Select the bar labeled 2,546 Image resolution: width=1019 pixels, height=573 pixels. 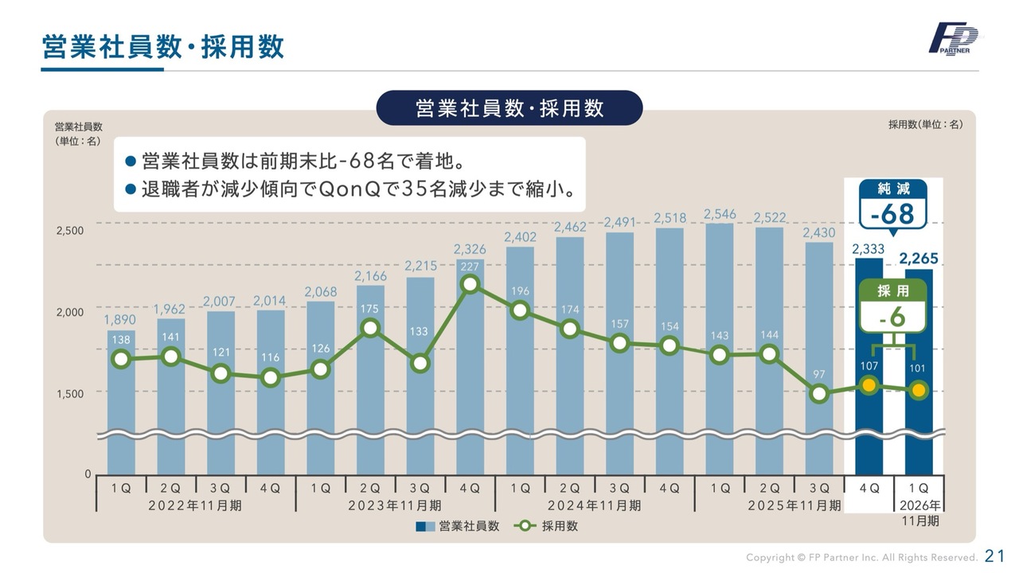pos(720,342)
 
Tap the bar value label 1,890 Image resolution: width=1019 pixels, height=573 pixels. pos(119,320)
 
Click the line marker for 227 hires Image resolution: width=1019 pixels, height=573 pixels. pos(470,284)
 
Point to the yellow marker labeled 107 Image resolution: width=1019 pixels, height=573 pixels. pos(869,386)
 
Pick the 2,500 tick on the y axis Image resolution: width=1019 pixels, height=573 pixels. pos(70,231)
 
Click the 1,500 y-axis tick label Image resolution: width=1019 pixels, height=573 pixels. pos(70,393)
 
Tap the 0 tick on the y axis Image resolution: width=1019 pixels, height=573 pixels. pos(88,474)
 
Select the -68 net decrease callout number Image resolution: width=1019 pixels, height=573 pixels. pos(892,215)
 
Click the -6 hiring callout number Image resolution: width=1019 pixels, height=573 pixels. pos(892,317)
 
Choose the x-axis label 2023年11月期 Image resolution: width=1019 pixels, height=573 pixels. pos(396,505)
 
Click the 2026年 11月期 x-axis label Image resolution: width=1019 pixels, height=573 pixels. pos(919,513)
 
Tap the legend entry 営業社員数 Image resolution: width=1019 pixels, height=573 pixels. pos(458,526)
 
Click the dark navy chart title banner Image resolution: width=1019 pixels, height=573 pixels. pos(509,108)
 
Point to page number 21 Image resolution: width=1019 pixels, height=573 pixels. pos(995,555)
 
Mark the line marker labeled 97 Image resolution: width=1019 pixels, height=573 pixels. pos(818,393)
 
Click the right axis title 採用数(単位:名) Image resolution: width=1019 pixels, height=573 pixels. pos(926,125)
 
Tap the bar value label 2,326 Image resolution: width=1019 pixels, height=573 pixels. pos(470,250)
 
